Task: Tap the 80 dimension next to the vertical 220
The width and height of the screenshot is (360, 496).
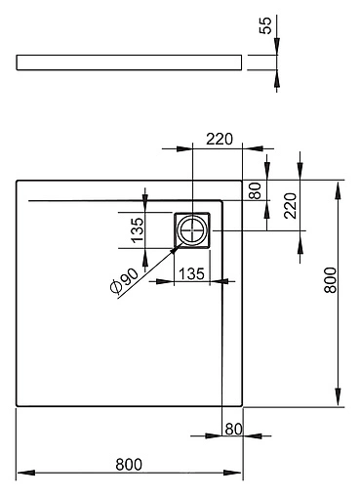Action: (256, 188)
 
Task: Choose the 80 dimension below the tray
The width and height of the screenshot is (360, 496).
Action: (233, 427)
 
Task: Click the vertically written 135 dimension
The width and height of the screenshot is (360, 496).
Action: (137, 231)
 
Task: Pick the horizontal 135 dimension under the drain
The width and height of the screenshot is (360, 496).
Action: (191, 274)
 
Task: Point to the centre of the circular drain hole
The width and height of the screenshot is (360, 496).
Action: (192, 230)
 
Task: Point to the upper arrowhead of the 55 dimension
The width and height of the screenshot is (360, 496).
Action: (276, 49)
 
